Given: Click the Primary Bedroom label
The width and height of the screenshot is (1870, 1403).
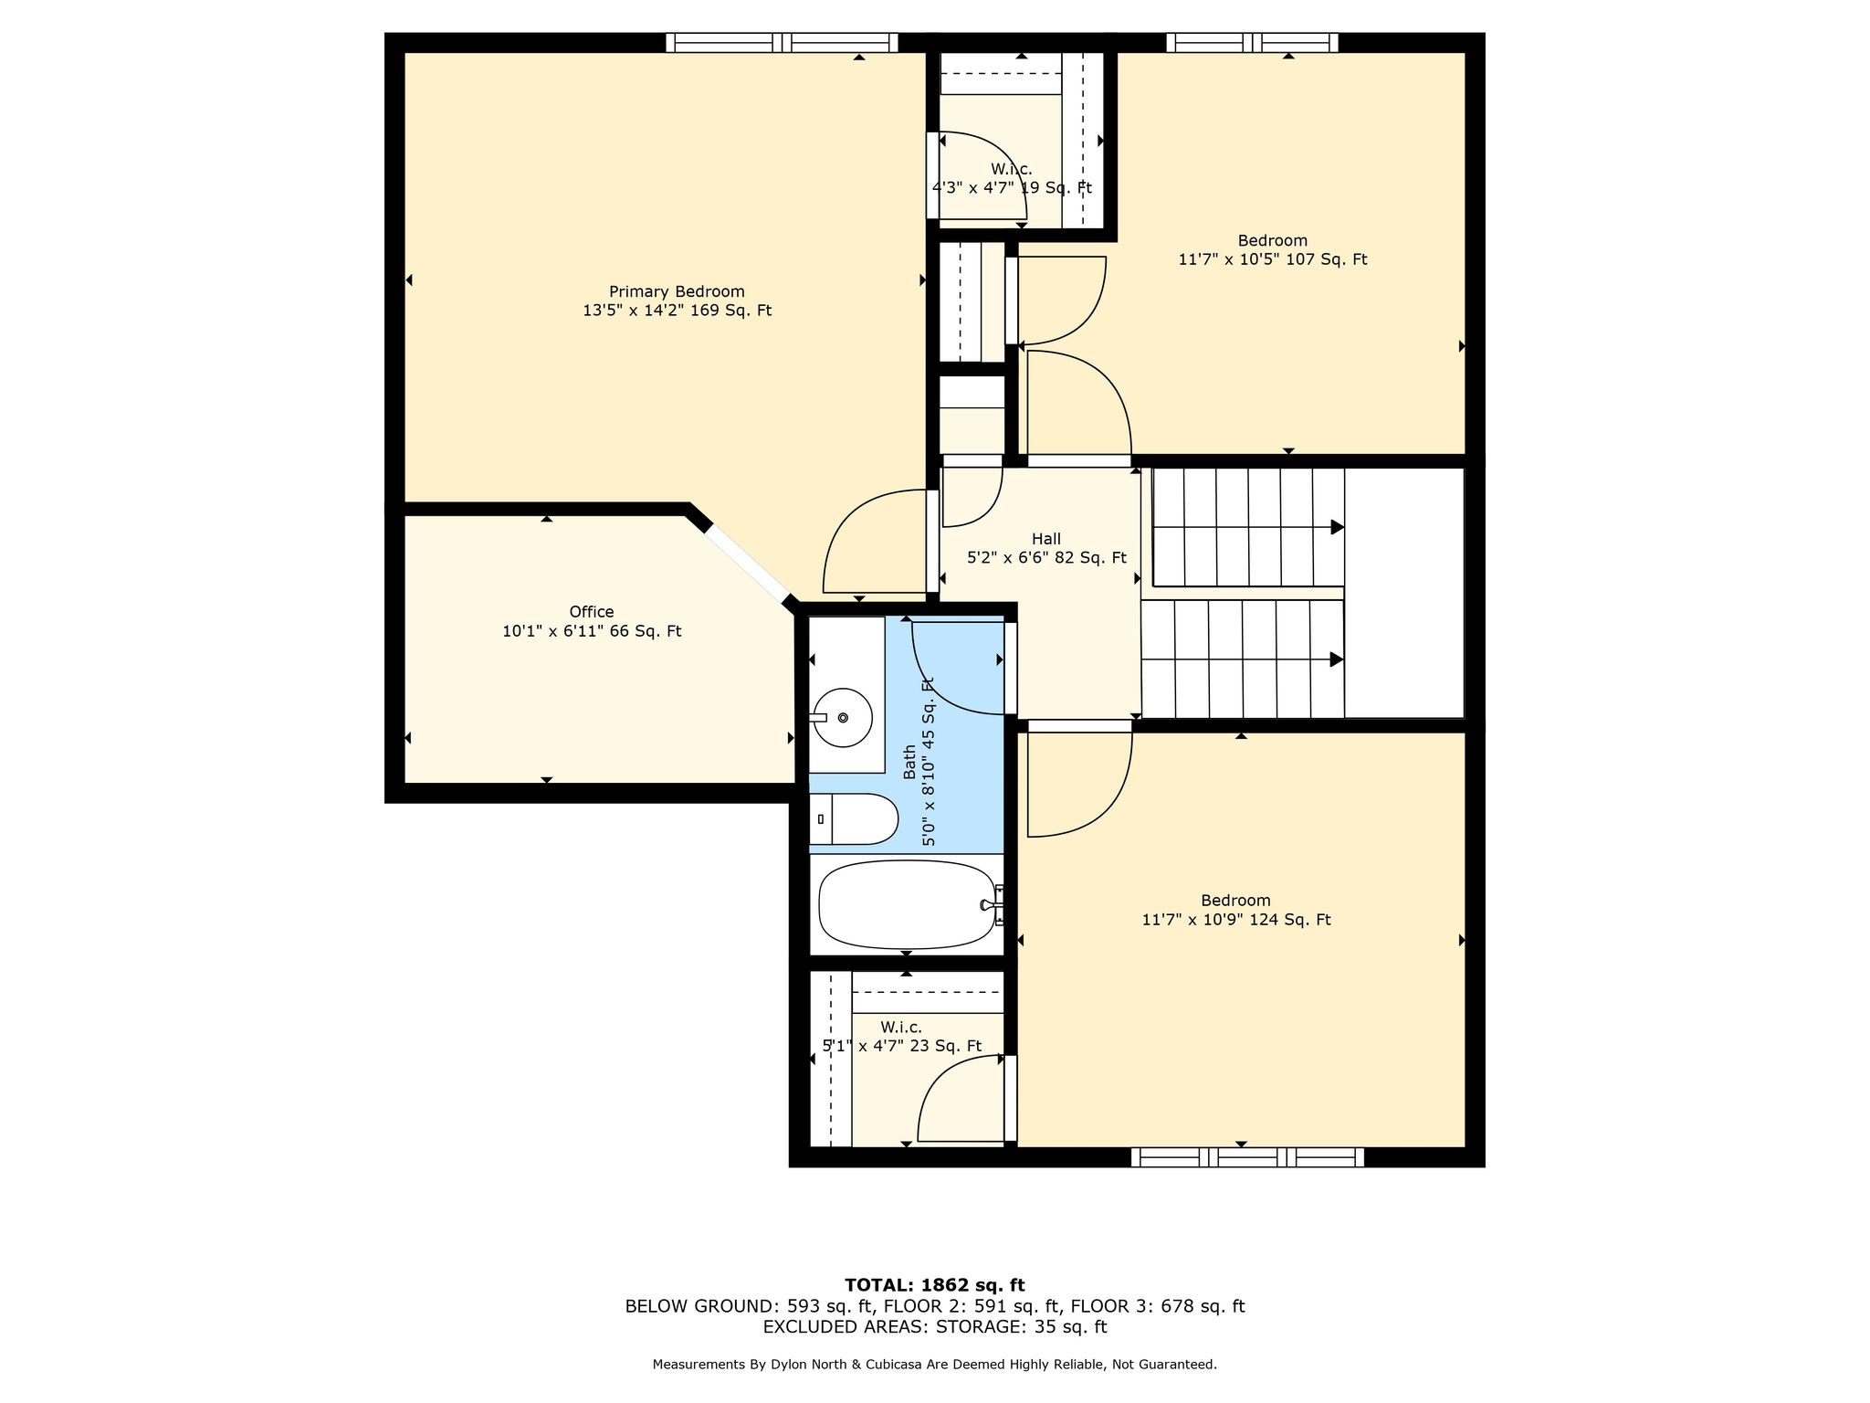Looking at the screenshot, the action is [677, 291].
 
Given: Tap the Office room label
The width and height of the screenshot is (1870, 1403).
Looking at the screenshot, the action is [592, 612].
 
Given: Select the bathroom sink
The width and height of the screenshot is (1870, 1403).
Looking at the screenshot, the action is [843, 718].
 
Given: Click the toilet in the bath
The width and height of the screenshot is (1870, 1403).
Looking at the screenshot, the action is [855, 818].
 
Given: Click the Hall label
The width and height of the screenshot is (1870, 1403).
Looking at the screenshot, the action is [1046, 539].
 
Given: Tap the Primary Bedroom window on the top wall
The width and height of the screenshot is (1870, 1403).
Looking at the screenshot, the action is [782, 42].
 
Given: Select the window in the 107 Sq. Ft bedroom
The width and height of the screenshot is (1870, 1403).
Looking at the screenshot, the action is [1252, 42].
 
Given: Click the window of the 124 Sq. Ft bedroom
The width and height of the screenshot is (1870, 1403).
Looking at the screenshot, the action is [1247, 1157].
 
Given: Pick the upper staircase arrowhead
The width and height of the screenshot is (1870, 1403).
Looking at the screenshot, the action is [1338, 527].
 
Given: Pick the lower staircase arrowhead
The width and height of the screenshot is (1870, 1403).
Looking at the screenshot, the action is [1338, 659].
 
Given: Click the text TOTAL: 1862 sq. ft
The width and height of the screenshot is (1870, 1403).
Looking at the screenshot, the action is [935, 1285].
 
